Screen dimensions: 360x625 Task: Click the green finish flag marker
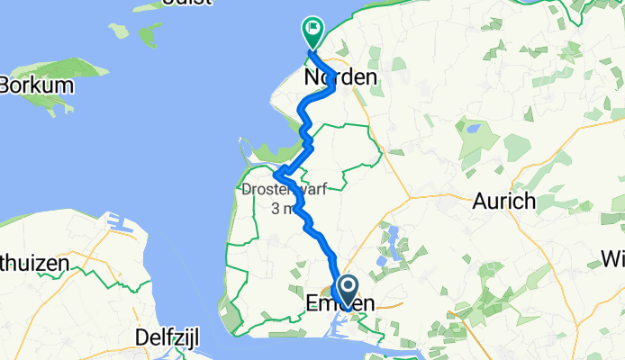click(x=313, y=32)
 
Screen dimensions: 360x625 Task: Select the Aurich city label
click(x=504, y=201)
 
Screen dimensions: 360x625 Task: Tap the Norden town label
click(x=340, y=78)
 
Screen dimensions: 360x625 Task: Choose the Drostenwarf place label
click(x=284, y=190)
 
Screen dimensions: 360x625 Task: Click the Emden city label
click(x=340, y=304)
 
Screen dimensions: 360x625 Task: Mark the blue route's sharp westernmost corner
click(x=276, y=174)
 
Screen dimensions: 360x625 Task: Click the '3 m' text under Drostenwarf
click(x=282, y=208)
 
